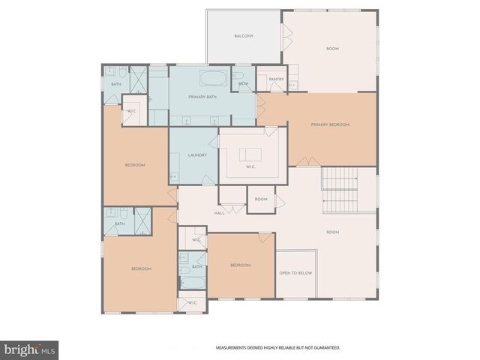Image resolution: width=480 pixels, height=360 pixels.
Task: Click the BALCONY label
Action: pyautogui.click(x=243, y=36)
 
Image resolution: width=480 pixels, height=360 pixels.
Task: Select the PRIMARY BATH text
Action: pyautogui.click(x=202, y=96)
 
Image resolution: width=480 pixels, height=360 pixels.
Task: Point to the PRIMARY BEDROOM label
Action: pyautogui.click(x=331, y=124)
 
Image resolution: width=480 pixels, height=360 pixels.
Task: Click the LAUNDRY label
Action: pyautogui.click(x=198, y=155)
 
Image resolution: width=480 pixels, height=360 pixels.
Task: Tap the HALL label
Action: pyautogui.click(x=220, y=213)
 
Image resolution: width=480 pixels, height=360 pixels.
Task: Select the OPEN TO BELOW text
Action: pyautogui.click(x=295, y=273)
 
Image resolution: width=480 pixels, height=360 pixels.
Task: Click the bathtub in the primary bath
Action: pyautogui.click(x=214, y=77)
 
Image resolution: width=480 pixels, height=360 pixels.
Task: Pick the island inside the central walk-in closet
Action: pyautogui.click(x=250, y=155)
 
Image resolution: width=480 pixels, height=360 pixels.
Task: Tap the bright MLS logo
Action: pyautogui.click(x=29, y=349)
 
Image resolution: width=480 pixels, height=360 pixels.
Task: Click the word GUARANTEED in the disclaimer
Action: pyautogui.click(x=323, y=348)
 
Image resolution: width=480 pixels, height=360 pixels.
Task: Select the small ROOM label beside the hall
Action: pyautogui.click(x=261, y=199)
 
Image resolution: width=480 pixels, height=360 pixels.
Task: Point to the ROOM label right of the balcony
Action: pyautogui.click(x=332, y=49)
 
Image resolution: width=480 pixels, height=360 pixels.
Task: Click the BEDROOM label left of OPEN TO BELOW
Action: pyautogui.click(x=240, y=265)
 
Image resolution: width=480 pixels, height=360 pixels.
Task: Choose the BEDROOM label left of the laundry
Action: pyautogui.click(x=134, y=165)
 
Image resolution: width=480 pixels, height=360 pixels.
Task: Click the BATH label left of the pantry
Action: pyautogui.click(x=244, y=84)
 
